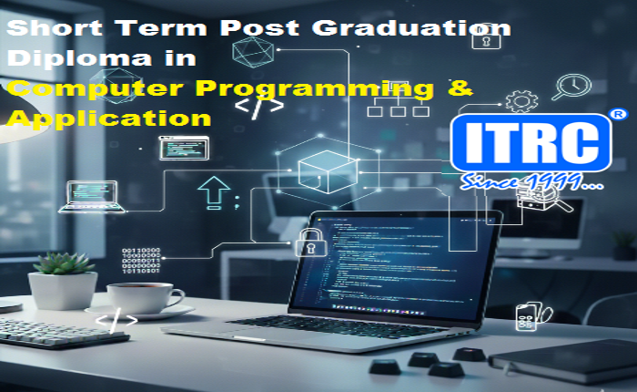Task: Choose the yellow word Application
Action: point(107,119)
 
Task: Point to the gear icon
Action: point(521,99)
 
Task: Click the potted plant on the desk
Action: point(64,278)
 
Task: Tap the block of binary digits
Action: point(141,261)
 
